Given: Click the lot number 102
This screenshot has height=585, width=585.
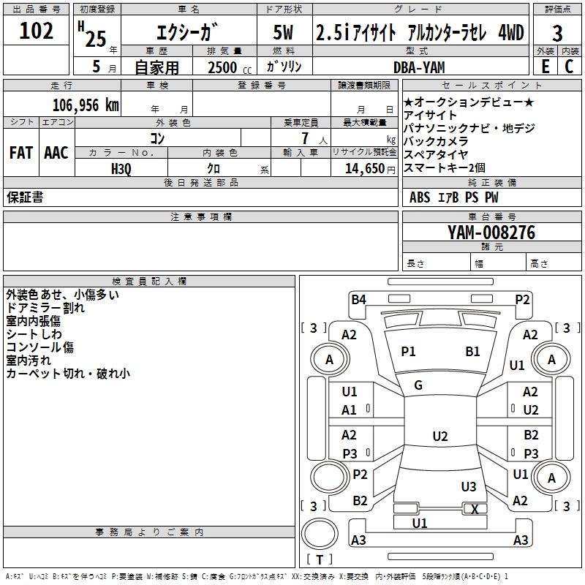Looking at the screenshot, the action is coord(36,31).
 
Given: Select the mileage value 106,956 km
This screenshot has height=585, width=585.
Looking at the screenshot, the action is coord(86,105).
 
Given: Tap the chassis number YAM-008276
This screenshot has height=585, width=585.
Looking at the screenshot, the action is coord(491,233).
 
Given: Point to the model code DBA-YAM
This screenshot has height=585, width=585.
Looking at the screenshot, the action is coord(419,67).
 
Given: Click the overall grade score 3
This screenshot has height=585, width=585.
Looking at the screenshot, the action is coord(557,34).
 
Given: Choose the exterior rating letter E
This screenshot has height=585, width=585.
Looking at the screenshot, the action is coord(546,67).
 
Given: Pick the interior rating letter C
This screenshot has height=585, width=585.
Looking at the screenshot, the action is coord(569,67).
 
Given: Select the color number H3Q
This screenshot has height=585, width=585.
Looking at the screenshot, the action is coord(121,169).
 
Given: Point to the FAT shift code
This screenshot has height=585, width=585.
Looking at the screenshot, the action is coord(21,153).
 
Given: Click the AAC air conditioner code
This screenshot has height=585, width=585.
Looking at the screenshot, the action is coord(56,153).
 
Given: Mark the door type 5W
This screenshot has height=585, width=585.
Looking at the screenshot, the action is coord(283,32).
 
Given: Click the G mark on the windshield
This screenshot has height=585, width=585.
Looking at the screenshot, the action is coord(418,385).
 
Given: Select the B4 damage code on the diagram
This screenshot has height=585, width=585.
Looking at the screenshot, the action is coord(358,300).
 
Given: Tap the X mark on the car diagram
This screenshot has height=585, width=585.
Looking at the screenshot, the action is coord(475,509).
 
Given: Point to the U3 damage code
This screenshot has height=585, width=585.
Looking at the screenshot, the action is coord(469,486).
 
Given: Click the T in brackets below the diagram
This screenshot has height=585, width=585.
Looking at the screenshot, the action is coord(320,559).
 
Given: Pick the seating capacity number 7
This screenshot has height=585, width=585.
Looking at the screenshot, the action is coord(305,138).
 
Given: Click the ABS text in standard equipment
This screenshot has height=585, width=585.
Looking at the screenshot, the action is coord(420,197).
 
